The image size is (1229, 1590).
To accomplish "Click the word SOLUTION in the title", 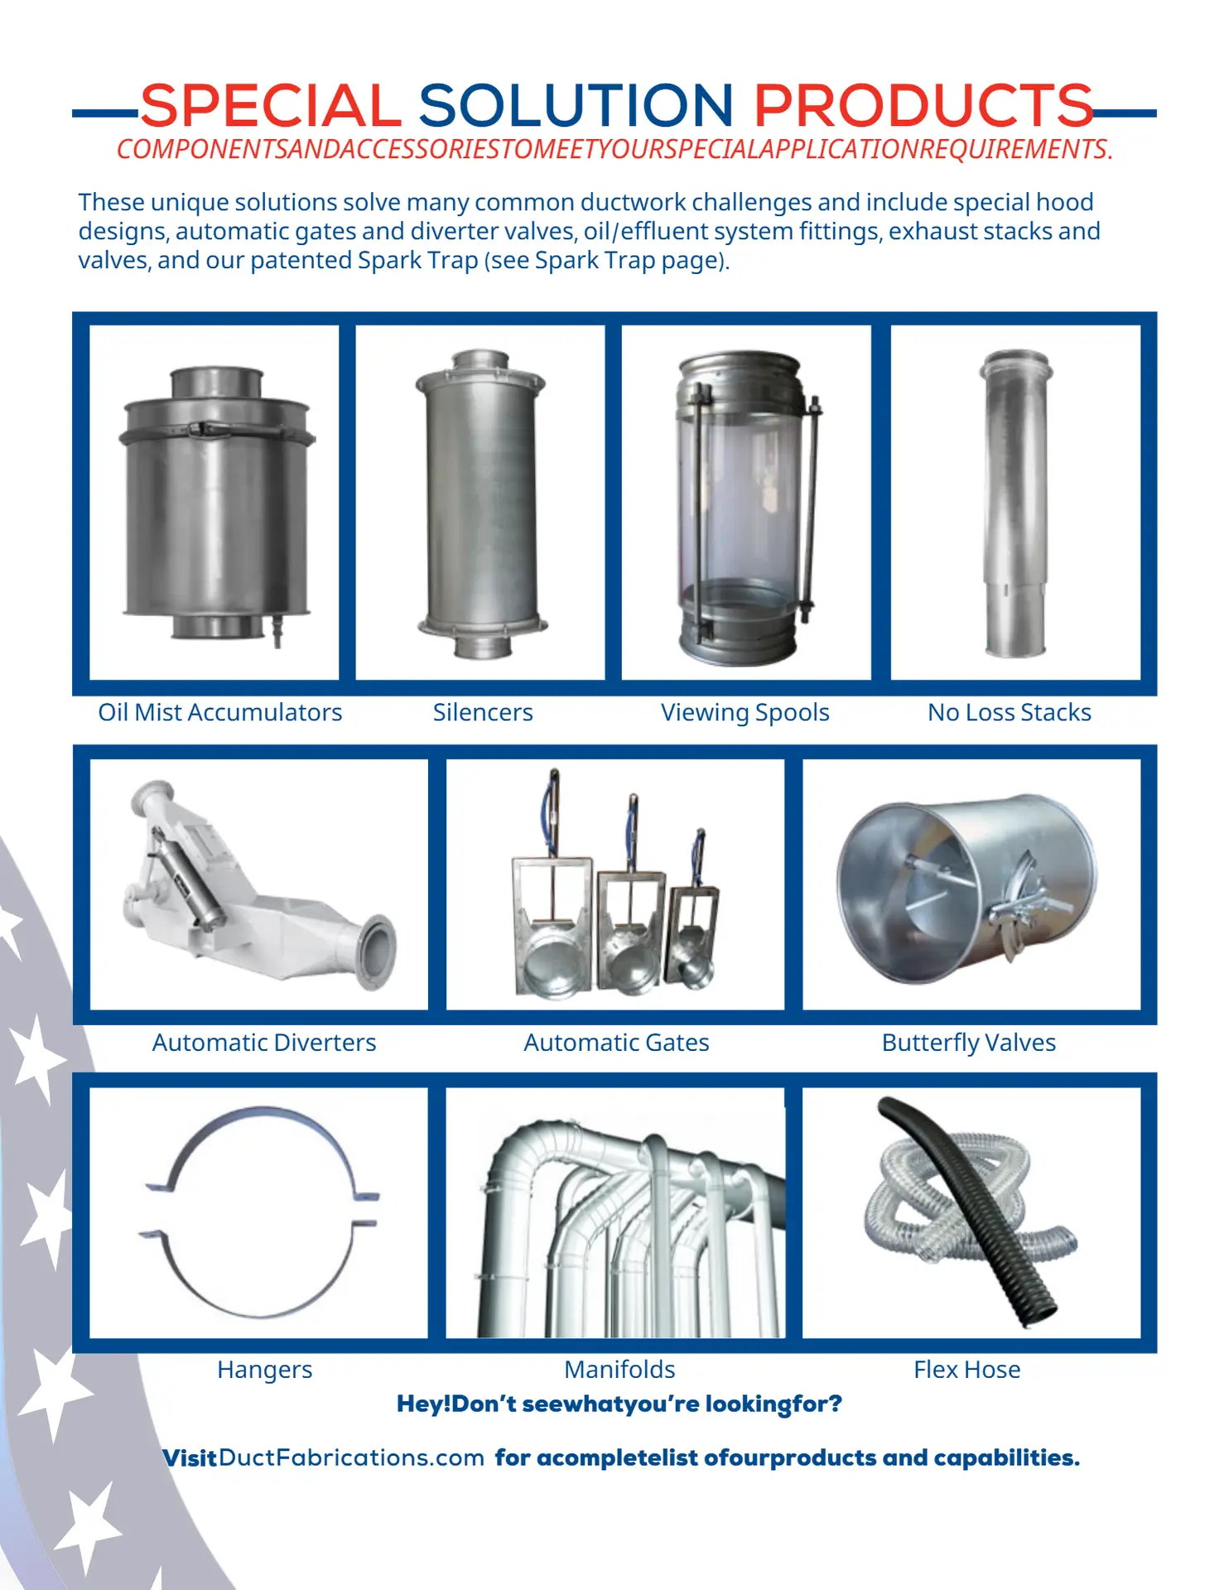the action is [576, 105].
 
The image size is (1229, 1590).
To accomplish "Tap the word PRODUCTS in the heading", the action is [923, 105].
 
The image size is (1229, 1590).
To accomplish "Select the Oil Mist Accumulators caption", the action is [219, 712].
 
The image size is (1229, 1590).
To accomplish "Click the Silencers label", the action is [483, 712].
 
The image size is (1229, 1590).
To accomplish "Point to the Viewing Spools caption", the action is [745, 713].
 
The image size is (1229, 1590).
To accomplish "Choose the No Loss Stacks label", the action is [1009, 712].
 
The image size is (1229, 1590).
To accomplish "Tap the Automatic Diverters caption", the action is [264, 1043].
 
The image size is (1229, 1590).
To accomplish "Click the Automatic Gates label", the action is [616, 1043].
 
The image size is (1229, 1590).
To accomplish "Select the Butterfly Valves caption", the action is [968, 1043].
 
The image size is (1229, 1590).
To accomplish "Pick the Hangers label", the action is [265, 1371].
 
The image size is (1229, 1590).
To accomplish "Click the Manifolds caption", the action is [619, 1370].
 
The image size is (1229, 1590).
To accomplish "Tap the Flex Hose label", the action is [966, 1370].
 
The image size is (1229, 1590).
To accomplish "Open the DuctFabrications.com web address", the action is [352, 1457].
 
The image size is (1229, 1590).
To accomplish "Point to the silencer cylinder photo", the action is [481, 503].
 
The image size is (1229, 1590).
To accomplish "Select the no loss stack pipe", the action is [1015, 503].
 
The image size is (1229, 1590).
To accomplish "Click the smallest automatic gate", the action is [694, 919].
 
